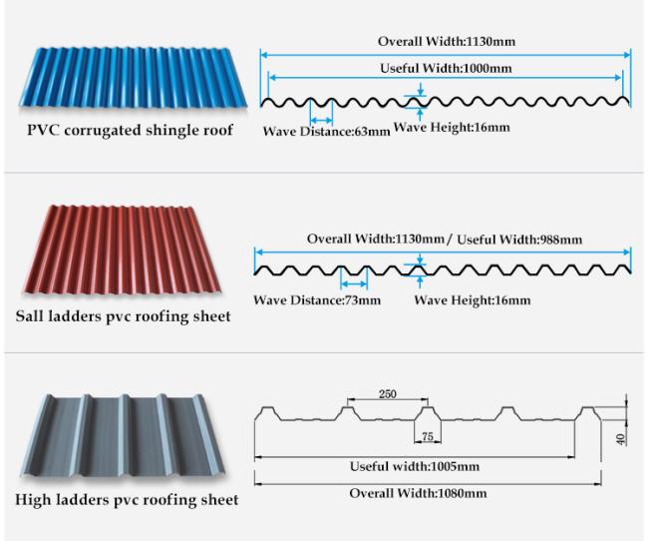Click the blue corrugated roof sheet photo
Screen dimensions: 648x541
(133, 78)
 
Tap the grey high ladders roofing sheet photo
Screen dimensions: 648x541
(123, 436)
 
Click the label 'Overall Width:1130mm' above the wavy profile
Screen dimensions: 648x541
(447, 41)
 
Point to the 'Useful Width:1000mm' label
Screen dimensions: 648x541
(446, 68)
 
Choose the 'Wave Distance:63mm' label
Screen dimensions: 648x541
(326, 131)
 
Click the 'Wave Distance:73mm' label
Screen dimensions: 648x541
(317, 299)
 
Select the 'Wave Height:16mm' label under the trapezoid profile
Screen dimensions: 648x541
(473, 300)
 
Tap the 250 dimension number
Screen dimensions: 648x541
(388, 393)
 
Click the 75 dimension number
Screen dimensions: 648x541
(428, 436)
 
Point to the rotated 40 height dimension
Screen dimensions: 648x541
(621, 439)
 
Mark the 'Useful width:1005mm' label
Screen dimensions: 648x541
(415, 466)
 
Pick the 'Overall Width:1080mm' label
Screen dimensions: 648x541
(418, 493)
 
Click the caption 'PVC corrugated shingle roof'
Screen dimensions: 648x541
(130, 130)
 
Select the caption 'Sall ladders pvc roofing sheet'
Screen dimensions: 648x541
(124, 316)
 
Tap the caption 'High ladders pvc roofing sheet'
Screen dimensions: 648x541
(127, 499)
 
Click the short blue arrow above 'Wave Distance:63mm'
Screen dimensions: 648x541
(321, 121)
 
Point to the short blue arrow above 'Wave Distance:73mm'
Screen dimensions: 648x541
(354, 283)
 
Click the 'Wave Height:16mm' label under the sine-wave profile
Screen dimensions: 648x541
(452, 127)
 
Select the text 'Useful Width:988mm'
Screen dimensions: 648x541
(519, 240)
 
